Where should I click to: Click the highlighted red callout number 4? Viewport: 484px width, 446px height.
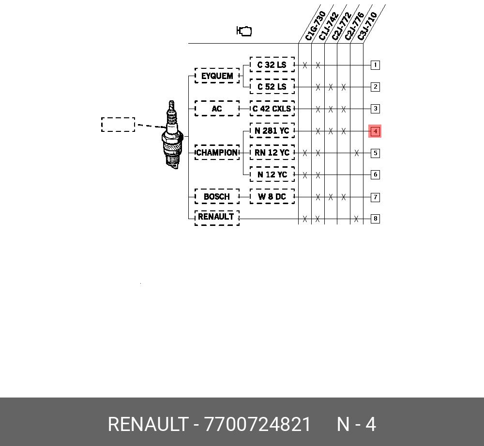(x=375, y=131)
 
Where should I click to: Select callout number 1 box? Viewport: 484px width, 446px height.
(x=375, y=65)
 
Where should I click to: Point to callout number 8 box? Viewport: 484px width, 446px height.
(x=375, y=219)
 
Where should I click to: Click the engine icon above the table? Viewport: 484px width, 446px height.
(x=244, y=31)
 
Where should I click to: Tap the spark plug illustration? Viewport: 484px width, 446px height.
(x=172, y=135)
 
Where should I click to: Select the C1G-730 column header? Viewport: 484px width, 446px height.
(x=315, y=26)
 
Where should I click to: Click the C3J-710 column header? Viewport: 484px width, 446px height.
(x=367, y=26)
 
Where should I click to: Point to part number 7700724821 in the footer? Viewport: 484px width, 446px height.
(x=257, y=424)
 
